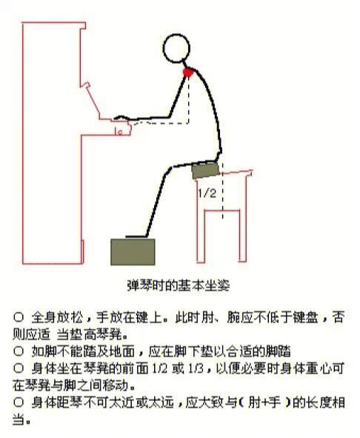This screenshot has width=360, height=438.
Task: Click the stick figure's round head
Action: [176, 50]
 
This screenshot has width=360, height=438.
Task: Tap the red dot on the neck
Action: [189, 73]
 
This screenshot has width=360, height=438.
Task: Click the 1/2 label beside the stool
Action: [207, 193]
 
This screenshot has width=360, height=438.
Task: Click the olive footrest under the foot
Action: [133, 252]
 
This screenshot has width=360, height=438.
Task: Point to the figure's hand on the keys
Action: [122, 119]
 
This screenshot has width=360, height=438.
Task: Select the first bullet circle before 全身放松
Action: [19, 317]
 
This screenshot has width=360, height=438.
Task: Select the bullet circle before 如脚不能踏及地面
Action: [19, 351]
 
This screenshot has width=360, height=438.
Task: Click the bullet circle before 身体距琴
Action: [19, 403]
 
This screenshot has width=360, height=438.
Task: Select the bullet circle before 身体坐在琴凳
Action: [19, 368]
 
